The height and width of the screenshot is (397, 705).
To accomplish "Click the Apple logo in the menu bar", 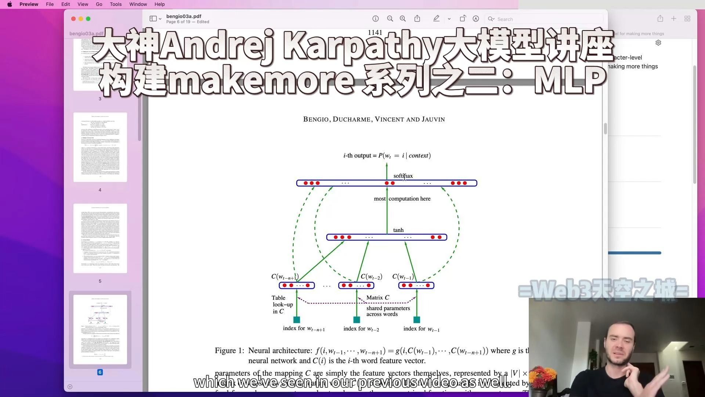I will click(10, 4).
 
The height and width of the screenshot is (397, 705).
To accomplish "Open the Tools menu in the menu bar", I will click(116, 4).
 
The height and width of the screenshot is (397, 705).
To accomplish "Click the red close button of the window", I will click(73, 19).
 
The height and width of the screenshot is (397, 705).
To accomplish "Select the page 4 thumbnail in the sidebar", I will click(100, 147).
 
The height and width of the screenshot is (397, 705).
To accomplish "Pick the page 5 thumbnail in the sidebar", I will click(100, 238).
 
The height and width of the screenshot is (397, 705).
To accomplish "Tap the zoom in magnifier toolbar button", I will click(403, 19).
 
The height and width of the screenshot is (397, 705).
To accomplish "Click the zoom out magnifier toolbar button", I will click(390, 19).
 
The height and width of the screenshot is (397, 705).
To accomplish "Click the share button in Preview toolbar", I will click(417, 19).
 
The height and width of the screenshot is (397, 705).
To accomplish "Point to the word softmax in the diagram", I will click(403, 176).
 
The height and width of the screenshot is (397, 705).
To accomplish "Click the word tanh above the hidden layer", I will click(398, 230).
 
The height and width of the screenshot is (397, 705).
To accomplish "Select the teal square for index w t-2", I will click(357, 320).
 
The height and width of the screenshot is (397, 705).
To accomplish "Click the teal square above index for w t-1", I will click(417, 320).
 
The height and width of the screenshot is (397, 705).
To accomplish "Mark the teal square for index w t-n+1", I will click(297, 320).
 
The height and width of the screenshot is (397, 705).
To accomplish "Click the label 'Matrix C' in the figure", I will click(377, 298).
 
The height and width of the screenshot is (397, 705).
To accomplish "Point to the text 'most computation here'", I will click(402, 199).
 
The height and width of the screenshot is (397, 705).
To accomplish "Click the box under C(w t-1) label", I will click(416, 286).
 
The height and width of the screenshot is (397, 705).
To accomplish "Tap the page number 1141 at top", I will click(375, 33).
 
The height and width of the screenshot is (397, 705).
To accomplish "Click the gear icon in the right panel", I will click(658, 43).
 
